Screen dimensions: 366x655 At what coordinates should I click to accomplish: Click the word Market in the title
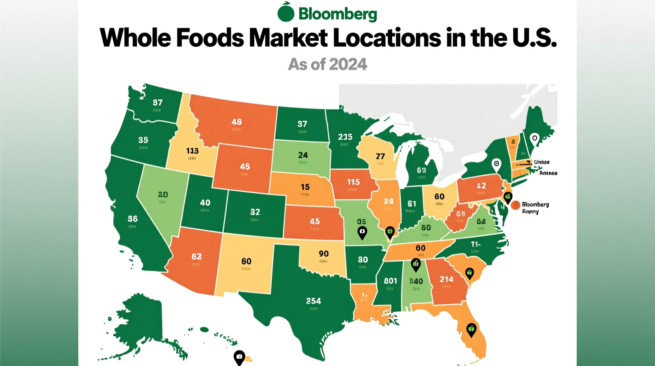point(289,38)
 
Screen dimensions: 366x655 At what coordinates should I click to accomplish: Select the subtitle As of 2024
point(327,64)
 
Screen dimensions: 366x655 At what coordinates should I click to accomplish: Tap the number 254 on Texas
point(313,301)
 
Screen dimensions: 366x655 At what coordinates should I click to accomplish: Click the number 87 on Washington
point(157,103)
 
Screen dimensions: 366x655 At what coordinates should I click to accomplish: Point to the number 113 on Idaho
point(192,151)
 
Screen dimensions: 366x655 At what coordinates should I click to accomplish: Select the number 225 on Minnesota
point(345,137)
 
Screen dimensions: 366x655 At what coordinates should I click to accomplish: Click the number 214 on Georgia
point(446,279)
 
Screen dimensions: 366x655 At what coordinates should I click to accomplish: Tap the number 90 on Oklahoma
point(324,254)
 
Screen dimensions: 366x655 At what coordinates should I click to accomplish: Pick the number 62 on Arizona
point(196,257)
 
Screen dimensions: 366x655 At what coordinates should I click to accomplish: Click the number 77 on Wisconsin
point(380,156)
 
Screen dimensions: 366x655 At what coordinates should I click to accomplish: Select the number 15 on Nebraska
point(305,187)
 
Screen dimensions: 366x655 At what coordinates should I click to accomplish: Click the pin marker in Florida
point(471,329)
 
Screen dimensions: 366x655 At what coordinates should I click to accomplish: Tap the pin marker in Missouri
point(362,232)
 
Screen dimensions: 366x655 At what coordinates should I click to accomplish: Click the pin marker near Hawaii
point(239,357)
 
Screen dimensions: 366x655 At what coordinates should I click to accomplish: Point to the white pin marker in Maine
point(534,139)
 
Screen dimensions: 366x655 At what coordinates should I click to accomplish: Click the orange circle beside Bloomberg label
point(515,205)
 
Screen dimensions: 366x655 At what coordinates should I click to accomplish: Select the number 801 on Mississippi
point(390,281)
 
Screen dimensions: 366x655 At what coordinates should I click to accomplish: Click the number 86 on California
point(133,218)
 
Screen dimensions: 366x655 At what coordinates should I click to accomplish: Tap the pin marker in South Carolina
point(469,273)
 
